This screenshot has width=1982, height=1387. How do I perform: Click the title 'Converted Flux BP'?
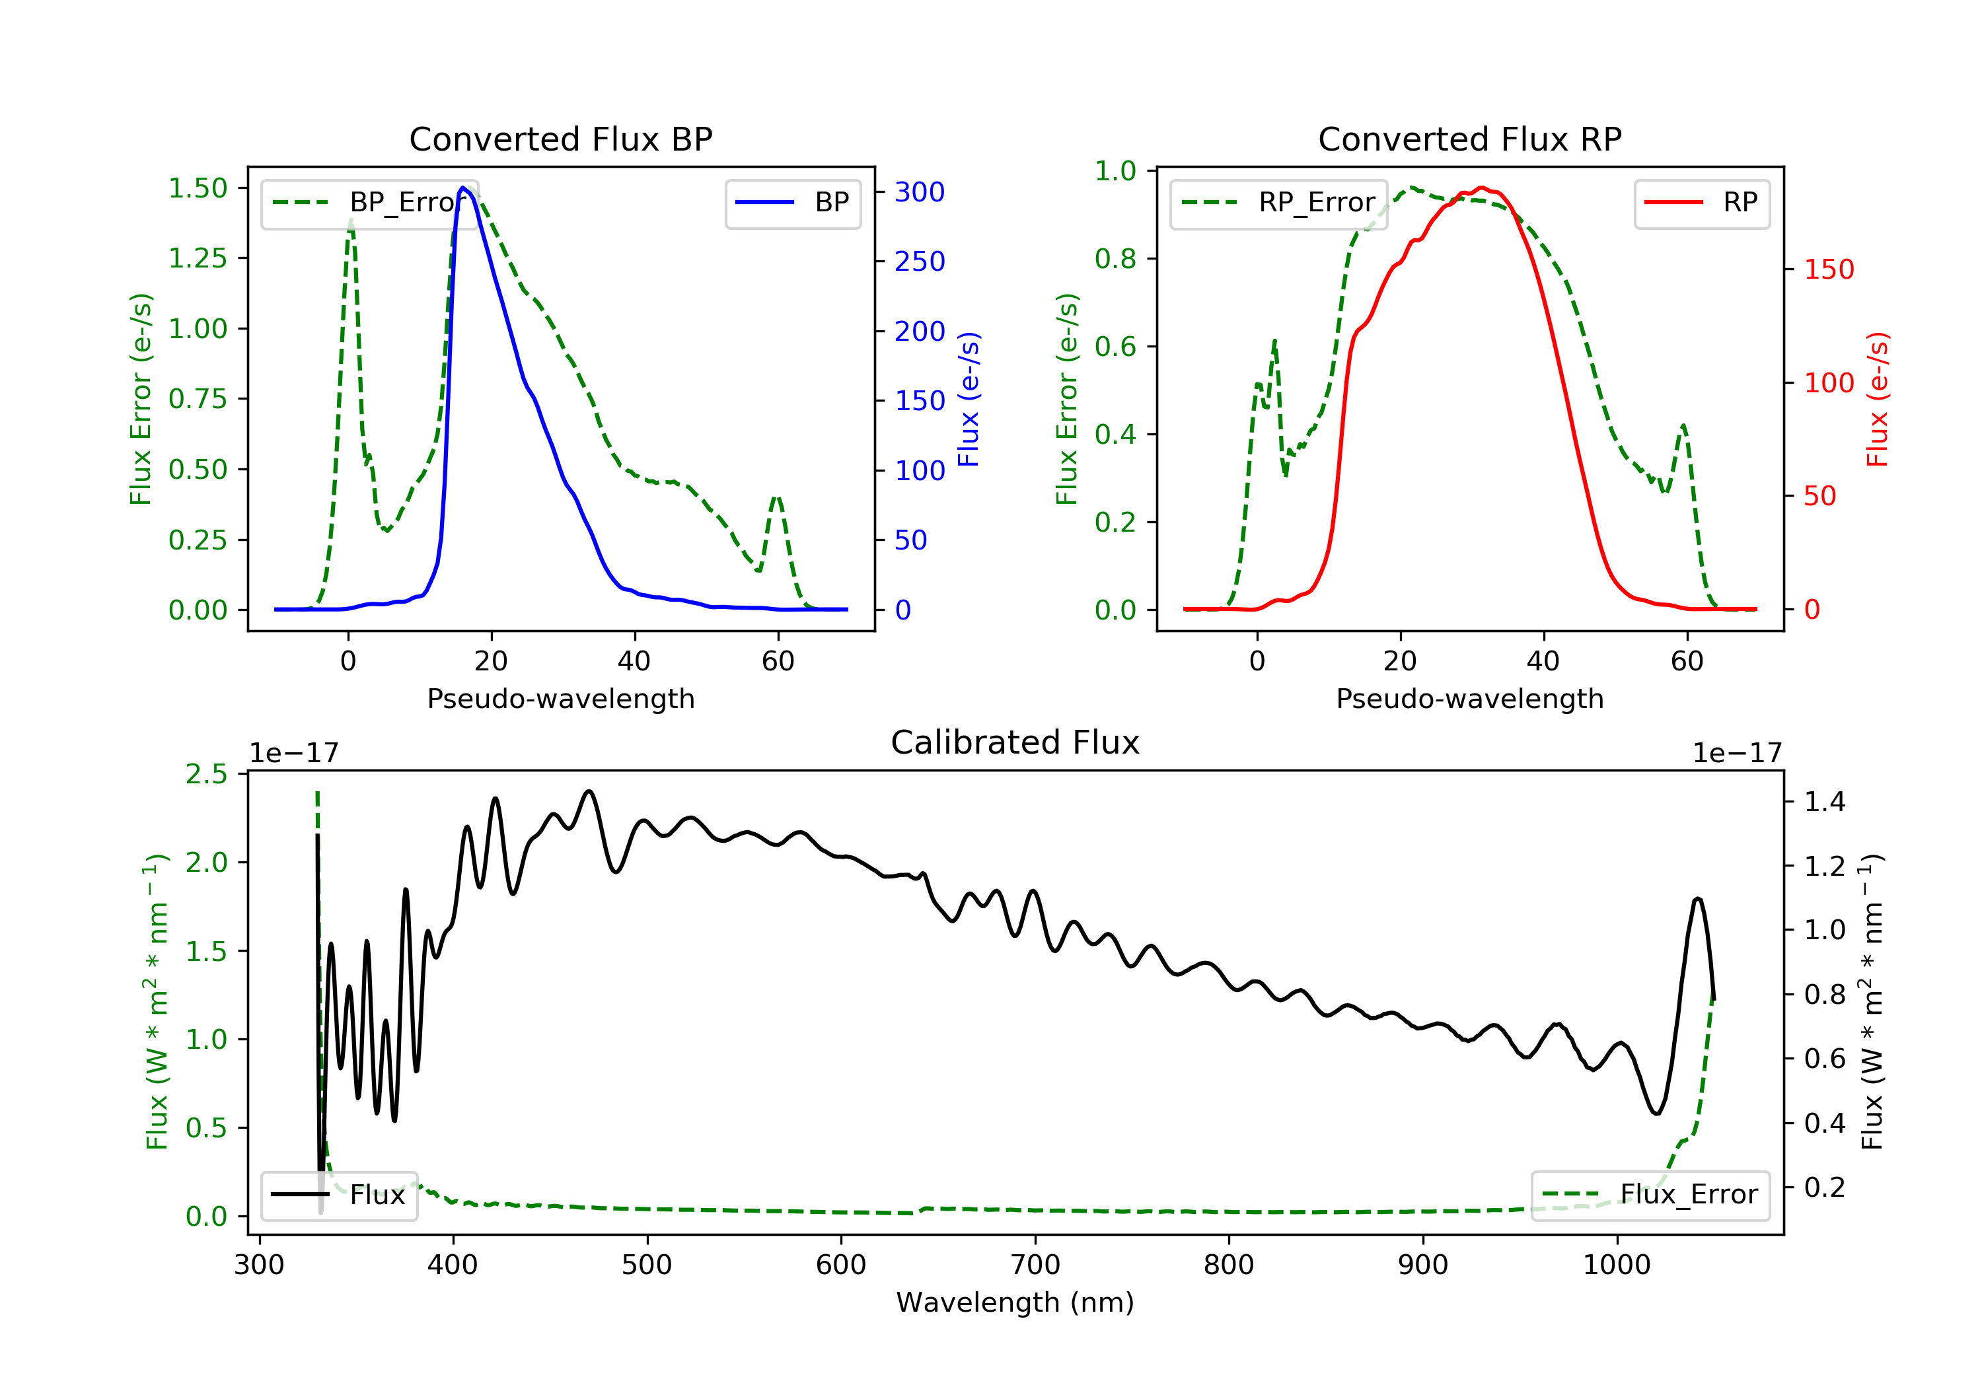[560, 139]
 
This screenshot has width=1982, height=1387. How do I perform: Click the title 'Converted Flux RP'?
[1469, 139]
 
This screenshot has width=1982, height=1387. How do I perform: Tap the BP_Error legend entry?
[369, 203]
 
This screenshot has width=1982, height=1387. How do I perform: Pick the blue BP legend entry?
[792, 203]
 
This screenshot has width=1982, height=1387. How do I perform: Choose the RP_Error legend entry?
[1278, 203]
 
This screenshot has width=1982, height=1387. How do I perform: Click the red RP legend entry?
[1701, 203]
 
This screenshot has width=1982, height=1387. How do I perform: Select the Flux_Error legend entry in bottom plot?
[1650, 1195]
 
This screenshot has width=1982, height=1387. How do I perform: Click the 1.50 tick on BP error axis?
[198, 188]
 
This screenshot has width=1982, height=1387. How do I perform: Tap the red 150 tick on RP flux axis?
[1828, 269]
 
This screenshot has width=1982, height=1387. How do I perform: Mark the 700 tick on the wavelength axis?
[1035, 1265]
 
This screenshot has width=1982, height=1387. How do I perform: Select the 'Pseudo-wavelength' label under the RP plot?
[1469, 698]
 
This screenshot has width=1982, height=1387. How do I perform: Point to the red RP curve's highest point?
[1481, 188]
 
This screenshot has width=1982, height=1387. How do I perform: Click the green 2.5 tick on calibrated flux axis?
[206, 774]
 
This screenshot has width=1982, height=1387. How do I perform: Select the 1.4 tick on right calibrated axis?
[1824, 802]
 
